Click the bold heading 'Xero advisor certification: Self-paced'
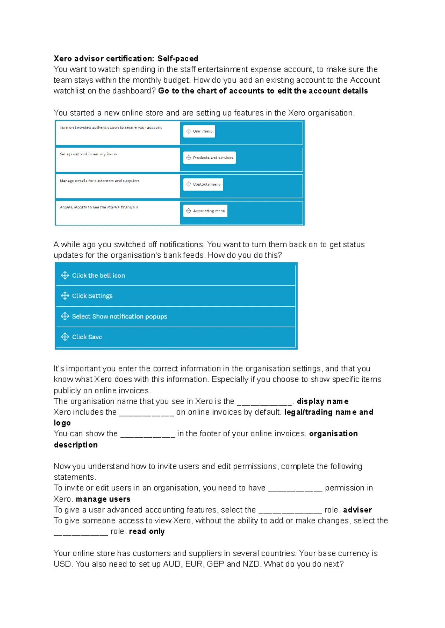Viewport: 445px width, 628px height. pyautogui.click(x=126, y=59)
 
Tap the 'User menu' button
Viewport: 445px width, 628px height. pyautogui.click(x=199, y=131)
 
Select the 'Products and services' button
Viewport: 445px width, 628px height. pyautogui.click(x=210, y=158)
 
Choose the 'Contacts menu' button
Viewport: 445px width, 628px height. pyautogui.click(x=203, y=184)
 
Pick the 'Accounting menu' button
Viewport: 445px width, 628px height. pyautogui.click(x=205, y=211)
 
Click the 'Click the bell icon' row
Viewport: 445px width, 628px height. pyautogui.click(x=175, y=275)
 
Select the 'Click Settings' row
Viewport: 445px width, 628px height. pyautogui.click(x=175, y=296)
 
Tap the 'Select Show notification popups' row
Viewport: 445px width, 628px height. pyautogui.click(x=175, y=317)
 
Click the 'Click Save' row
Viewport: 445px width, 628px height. pyautogui.click(x=175, y=337)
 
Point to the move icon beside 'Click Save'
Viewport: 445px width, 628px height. pyautogui.click(x=65, y=337)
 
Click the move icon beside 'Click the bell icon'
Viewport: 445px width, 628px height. pyautogui.click(x=65, y=275)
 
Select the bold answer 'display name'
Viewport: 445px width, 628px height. pyautogui.click(x=322, y=401)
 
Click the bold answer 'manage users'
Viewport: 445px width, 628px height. pyautogui.click(x=103, y=499)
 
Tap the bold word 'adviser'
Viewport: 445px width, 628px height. pyautogui.click(x=357, y=510)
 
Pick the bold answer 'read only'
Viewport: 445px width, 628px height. pyautogui.click(x=146, y=532)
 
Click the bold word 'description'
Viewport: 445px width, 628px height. pyautogui.click(x=76, y=445)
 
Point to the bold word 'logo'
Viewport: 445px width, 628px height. pyautogui.click(x=62, y=423)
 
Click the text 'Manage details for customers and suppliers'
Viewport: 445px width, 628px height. pyautogui.click(x=99, y=181)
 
